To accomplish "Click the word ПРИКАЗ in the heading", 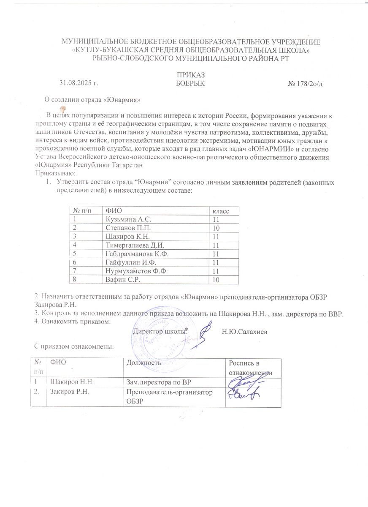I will [190, 75].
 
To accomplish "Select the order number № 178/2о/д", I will [305, 83].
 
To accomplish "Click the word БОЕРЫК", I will [190, 83].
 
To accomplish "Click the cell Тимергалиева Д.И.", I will [135, 245].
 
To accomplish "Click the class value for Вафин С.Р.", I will [216, 280].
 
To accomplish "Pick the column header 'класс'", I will [221, 210].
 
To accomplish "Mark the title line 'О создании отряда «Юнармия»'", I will [92, 100].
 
